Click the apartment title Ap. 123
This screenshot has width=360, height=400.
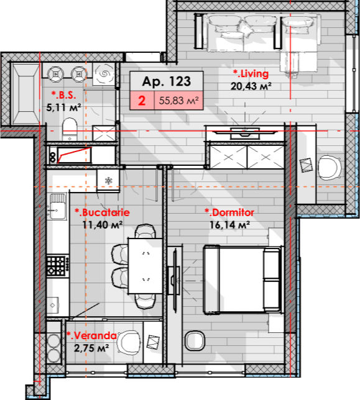coord(167,81)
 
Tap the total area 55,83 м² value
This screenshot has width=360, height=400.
coord(178,101)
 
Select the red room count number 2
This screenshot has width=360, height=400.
coord(142,101)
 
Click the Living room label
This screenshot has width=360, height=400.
coord(251,73)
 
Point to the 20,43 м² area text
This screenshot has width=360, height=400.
coord(251,86)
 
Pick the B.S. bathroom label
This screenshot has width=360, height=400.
coord(63,95)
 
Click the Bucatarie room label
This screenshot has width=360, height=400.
coord(102,212)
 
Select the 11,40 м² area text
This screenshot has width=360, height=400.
coord(103,225)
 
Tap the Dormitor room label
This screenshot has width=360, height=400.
coord(229,212)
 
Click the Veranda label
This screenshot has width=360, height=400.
coord(91,335)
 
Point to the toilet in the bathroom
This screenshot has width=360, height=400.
coord(70,129)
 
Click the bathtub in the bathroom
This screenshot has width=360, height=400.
coord(25,94)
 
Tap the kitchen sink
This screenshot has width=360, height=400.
coord(57,207)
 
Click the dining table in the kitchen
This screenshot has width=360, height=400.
coord(145,266)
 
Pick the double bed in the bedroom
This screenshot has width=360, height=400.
coord(243,279)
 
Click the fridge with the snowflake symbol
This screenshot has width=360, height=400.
coord(108,181)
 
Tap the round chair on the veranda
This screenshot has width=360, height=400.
coord(129,342)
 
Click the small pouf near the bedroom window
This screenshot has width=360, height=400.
coord(195,341)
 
